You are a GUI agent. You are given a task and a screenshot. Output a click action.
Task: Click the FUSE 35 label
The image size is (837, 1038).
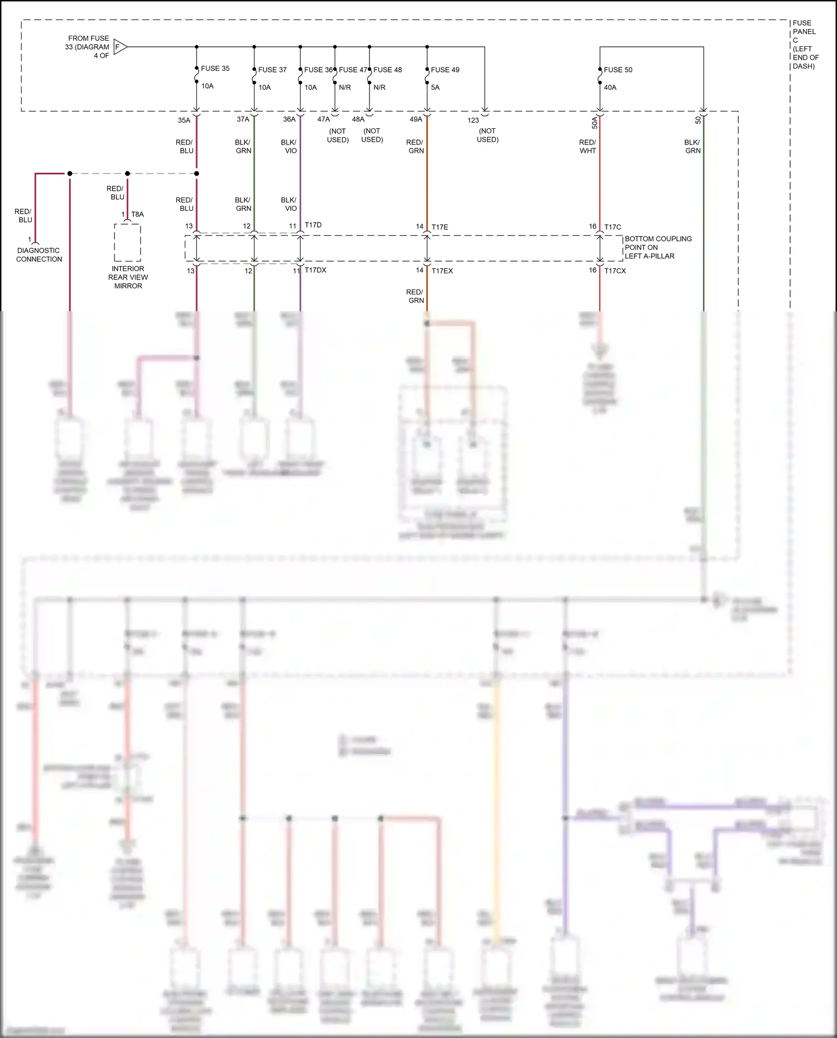click(215, 69)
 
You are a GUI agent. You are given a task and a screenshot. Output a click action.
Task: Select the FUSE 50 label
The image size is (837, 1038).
click(618, 70)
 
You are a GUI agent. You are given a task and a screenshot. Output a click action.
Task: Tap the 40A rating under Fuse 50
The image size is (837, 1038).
click(610, 88)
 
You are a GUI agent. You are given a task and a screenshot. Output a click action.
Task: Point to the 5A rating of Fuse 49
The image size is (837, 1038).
click(435, 88)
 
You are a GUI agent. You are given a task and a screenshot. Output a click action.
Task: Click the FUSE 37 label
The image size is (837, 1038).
click(272, 70)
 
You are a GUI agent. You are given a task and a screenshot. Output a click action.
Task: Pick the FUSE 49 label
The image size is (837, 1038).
click(445, 70)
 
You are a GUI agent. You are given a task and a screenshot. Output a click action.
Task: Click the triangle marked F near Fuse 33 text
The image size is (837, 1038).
click(120, 47)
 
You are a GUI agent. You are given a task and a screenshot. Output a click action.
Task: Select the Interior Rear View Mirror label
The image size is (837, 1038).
click(128, 277)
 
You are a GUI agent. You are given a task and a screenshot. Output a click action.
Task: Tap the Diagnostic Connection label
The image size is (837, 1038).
click(39, 255)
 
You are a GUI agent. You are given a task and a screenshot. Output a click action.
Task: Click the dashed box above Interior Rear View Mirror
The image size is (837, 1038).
click(127, 243)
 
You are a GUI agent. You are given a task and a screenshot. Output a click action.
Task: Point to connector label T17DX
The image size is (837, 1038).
click(315, 270)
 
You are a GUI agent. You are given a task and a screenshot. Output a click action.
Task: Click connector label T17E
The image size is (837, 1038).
click(440, 227)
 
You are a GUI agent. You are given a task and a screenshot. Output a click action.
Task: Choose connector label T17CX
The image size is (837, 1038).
click(615, 271)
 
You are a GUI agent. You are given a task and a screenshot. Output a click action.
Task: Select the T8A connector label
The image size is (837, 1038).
click(137, 214)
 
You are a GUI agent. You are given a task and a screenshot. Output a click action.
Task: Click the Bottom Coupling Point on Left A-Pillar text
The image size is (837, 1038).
click(658, 247)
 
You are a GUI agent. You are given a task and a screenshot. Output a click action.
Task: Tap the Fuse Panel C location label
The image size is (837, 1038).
click(805, 45)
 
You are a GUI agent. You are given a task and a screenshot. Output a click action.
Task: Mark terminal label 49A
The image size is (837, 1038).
click(416, 119)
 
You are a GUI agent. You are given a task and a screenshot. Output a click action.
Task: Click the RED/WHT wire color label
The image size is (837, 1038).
click(588, 146)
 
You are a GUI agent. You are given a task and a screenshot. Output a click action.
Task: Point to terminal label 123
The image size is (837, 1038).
click(473, 120)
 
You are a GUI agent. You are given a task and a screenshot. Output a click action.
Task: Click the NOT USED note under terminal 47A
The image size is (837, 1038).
click(338, 136)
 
